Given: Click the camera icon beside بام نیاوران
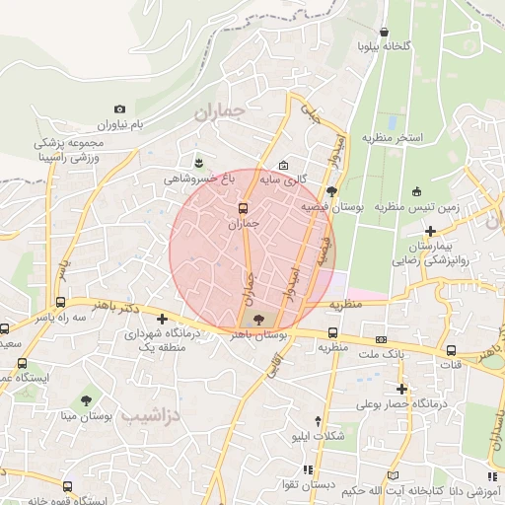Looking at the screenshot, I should click(x=120, y=109).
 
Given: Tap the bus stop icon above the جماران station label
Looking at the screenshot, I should click(x=243, y=208).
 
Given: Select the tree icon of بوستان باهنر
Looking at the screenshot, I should click(x=258, y=319).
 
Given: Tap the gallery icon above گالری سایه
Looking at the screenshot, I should click(x=284, y=165).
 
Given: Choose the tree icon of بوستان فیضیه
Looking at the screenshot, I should click(x=331, y=191).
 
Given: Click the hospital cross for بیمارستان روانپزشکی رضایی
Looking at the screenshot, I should click(x=430, y=230).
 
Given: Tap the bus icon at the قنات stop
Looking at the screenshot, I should click(x=451, y=350).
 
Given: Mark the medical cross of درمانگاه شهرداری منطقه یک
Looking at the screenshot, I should click(x=163, y=319).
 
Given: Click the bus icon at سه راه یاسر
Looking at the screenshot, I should click(x=61, y=303).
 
